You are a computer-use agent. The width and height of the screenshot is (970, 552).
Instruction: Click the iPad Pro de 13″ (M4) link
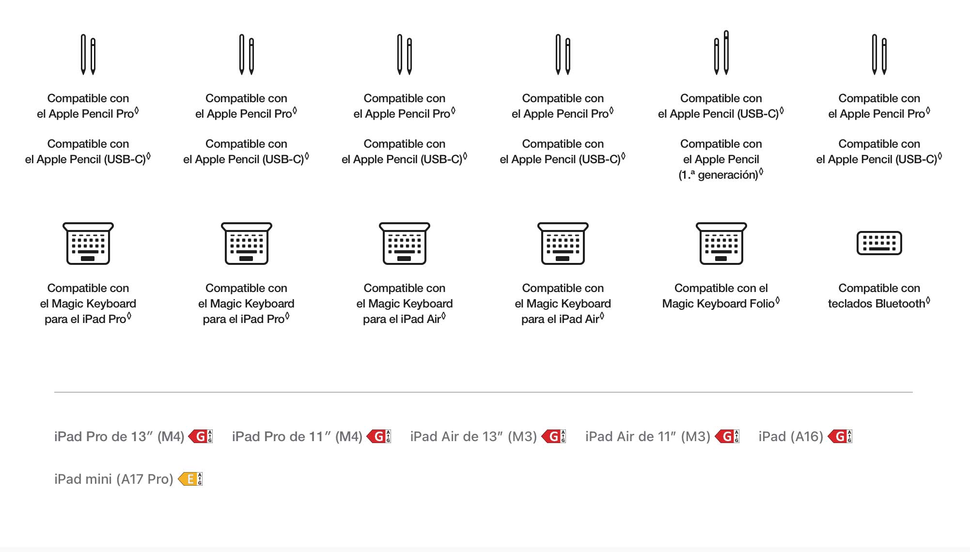tap(119, 437)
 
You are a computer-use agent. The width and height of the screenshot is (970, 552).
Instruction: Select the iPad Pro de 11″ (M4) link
tap(297, 437)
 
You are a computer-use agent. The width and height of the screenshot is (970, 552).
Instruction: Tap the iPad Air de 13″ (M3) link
tap(473, 437)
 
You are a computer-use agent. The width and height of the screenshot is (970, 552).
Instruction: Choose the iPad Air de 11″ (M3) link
tap(648, 437)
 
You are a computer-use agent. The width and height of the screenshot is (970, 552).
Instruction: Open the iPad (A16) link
tap(791, 437)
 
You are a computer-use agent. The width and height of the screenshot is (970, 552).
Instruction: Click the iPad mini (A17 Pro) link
tap(114, 479)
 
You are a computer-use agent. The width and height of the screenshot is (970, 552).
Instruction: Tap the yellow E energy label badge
tap(190, 479)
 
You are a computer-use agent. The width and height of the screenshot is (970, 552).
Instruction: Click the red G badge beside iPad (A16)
tap(840, 437)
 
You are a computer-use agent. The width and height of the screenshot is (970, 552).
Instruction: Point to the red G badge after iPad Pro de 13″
tap(201, 437)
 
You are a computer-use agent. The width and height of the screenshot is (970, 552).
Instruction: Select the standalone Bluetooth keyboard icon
tap(879, 243)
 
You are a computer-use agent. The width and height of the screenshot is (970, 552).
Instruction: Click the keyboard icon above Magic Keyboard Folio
tap(721, 244)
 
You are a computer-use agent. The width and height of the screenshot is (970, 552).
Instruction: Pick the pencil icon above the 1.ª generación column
tap(721, 53)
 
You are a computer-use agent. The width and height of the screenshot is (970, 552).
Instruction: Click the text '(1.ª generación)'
tap(718, 175)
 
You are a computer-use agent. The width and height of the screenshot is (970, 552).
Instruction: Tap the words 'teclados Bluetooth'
tap(876, 304)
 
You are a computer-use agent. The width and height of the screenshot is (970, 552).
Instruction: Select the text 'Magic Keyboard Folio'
tap(718, 304)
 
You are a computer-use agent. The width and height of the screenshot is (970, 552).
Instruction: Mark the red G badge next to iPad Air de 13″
tap(553, 437)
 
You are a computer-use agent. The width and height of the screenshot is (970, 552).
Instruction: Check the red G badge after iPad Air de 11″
tap(727, 437)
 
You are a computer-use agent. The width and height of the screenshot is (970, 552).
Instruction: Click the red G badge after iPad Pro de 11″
tap(379, 437)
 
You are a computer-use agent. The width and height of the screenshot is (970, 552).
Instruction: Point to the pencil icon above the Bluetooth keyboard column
tap(879, 55)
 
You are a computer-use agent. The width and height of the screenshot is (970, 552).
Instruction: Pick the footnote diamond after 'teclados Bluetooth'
tap(928, 301)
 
